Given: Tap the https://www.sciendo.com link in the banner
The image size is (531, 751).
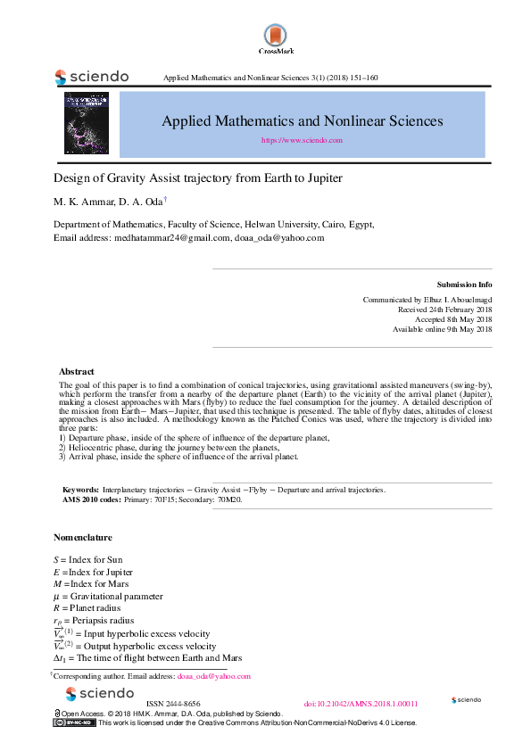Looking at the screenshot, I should click(x=302, y=140).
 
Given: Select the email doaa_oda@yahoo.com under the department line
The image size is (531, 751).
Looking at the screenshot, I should click(x=279, y=238).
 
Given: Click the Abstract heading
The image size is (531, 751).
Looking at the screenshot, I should click(x=77, y=371).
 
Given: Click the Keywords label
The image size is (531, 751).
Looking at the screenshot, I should click(x=80, y=490).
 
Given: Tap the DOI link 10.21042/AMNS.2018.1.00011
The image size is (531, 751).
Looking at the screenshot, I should click(x=361, y=704).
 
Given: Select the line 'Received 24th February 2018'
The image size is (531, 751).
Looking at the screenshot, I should click(x=444, y=309).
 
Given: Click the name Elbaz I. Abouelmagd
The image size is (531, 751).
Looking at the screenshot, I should click(x=452, y=300).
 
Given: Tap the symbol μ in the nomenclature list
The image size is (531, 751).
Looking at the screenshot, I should click(x=57, y=596).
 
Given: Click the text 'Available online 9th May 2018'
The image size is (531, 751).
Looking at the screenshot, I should click(x=442, y=329).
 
